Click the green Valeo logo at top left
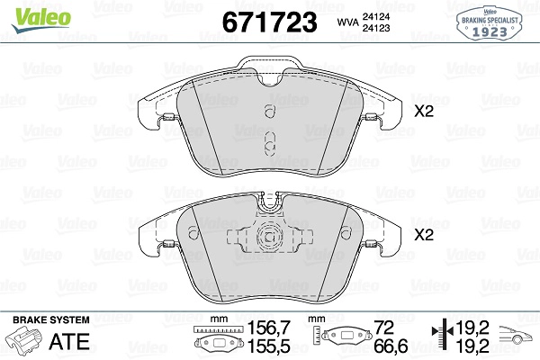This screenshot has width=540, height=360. [40, 20]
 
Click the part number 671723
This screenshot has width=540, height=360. [269, 22]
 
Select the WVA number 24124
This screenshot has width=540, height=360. [376, 16]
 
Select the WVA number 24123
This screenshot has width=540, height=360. [376, 28]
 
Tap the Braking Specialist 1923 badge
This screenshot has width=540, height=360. [490, 23]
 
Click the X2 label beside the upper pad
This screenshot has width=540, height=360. [424, 112]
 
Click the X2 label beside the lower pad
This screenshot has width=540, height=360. [424, 235]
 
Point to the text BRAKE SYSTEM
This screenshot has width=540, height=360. [51, 319]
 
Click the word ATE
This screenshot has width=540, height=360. [69, 341]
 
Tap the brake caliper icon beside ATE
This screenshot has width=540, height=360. [25, 341]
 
